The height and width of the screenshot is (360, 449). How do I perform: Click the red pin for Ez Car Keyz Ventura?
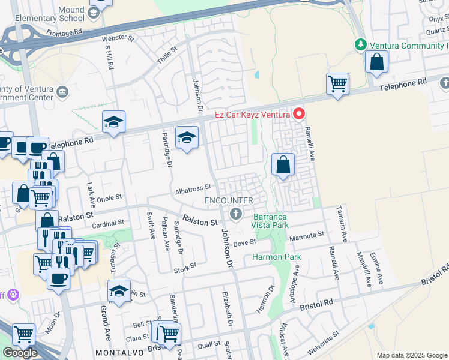(x=298, y=113)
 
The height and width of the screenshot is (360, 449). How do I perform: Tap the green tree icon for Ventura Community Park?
(x=360, y=45)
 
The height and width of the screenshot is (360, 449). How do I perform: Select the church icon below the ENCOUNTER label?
(x=236, y=214)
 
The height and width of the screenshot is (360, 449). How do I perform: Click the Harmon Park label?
(x=276, y=257)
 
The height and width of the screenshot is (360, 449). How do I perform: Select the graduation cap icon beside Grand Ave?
(x=119, y=291)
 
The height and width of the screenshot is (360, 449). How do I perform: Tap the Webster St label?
(x=118, y=37)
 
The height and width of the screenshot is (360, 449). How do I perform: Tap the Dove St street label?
(x=244, y=242)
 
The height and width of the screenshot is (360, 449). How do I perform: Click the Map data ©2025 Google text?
(x=411, y=355)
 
